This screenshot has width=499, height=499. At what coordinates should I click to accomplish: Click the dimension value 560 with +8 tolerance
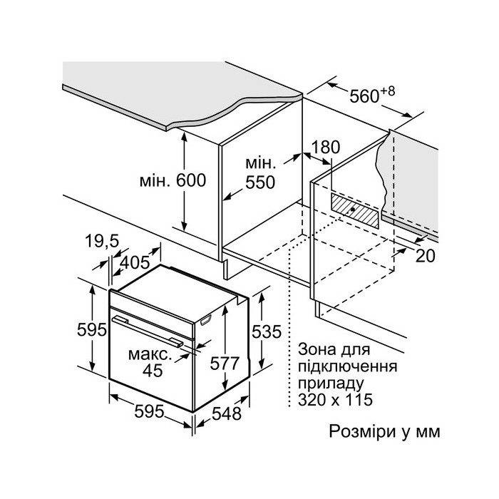click(x=371, y=95)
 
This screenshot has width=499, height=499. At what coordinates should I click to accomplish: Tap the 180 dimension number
click(x=327, y=148)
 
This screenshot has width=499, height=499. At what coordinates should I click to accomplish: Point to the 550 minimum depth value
click(x=259, y=182)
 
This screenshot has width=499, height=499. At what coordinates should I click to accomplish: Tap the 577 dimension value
click(x=226, y=363)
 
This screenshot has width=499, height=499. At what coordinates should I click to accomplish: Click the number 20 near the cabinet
click(x=425, y=257)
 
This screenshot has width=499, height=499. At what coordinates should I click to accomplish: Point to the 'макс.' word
click(x=150, y=354)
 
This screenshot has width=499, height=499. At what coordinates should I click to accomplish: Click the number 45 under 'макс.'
click(x=152, y=370)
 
